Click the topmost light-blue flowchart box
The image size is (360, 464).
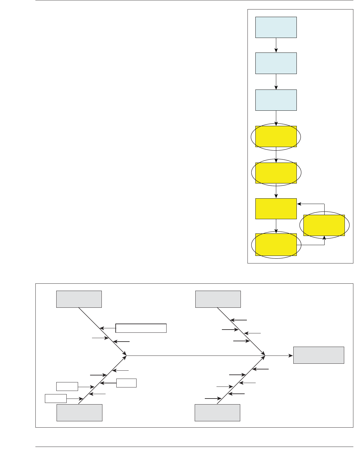[x=276, y=28]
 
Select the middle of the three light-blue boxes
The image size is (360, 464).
[x=276, y=63]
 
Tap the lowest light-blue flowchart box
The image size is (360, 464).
[x=276, y=100]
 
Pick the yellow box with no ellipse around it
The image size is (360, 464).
[x=276, y=209]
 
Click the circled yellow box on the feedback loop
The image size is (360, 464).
[x=324, y=225]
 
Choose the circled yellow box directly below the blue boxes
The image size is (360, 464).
[x=276, y=137]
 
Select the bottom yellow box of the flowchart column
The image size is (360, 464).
[x=276, y=244]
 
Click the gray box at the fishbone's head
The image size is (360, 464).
[x=319, y=355]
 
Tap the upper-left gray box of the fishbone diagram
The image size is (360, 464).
[x=79, y=299]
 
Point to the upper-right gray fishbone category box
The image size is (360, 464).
[x=218, y=299]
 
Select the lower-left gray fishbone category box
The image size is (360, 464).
[x=79, y=412]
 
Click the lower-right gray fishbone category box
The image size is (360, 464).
[x=217, y=412]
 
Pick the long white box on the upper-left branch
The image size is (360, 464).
[x=141, y=328]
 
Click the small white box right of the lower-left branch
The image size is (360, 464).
[x=126, y=383]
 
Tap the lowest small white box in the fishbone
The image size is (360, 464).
[x=56, y=399]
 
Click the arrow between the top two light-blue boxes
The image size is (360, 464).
[x=276, y=45]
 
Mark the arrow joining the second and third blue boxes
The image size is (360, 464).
[x=276, y=82]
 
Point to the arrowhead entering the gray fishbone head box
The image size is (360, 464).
[x=291, y=356]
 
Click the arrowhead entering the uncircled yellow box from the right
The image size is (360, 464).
[x=299, y=204]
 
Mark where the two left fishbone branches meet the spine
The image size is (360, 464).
[x=126, y=356]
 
